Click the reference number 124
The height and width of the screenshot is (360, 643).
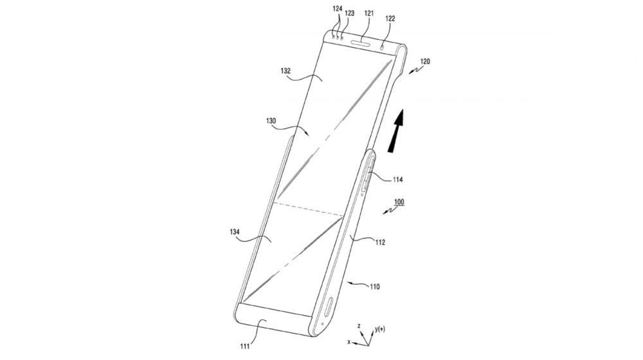337,8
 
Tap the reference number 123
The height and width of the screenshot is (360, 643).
349,13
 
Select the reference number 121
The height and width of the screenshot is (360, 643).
369,13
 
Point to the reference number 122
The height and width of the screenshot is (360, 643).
390,19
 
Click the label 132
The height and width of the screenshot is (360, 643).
285,71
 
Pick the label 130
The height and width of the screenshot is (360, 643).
271,121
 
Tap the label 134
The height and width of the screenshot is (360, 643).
235,232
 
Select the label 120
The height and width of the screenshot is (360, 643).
425,62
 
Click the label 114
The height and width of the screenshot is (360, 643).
398,179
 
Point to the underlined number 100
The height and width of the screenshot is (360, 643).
399,202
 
